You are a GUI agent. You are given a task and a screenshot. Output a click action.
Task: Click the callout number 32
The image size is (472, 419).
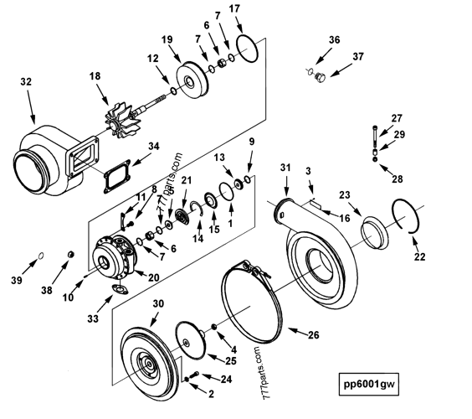click(x=26, y=82)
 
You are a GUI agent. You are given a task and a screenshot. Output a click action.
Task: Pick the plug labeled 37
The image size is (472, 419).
click(x=317, y=78)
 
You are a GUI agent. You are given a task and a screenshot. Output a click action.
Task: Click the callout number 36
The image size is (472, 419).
click(x=334, y=39)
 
